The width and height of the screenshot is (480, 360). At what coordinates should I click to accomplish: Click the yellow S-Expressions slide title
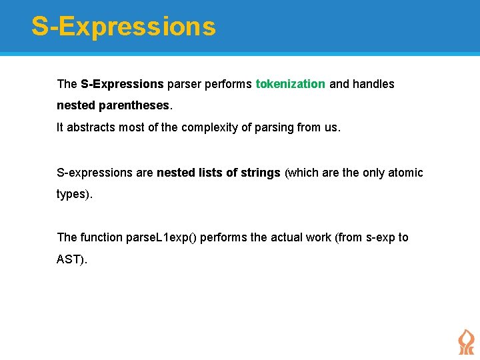pos(123,27)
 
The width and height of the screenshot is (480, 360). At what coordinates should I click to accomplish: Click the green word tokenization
pos(290,84)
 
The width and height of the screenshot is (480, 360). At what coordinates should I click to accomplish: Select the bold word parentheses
pos(141,105)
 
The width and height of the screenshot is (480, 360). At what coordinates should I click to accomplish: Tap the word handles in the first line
pos(373,84)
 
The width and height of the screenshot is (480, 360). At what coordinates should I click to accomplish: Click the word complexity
pos(207,127)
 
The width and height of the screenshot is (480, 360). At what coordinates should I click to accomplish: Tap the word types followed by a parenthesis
pos(72,194)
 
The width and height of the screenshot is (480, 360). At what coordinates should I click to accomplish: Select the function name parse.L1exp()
pos(161,237)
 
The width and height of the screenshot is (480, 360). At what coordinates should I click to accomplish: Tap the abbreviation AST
pos(69,259)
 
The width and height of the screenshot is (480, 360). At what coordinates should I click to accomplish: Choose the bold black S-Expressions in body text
pos(122,84)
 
